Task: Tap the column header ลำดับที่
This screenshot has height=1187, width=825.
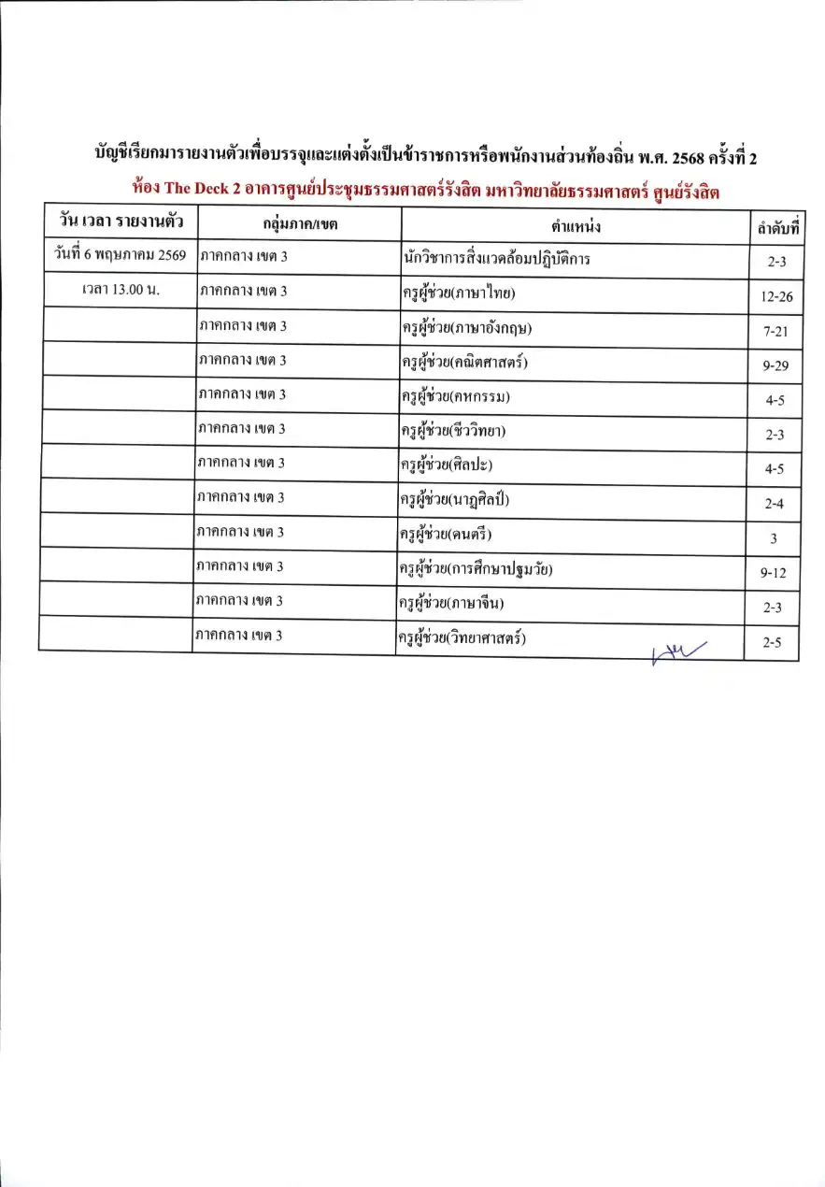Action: point(773,225)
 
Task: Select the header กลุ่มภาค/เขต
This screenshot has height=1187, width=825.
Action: point(299,224)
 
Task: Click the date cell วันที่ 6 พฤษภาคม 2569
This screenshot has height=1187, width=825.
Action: point(119,255)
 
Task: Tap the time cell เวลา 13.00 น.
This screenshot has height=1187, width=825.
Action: point(119,290)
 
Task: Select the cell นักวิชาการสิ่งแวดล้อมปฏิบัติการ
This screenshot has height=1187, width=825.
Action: point(495,259)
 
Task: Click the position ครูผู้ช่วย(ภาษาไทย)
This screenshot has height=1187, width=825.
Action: point(458,294)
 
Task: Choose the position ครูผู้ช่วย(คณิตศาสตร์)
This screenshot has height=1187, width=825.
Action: point(464,362)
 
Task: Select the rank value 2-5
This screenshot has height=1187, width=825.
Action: point(773,642)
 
